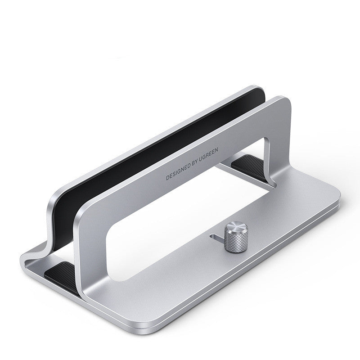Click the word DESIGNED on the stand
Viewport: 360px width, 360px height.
click(x=179, y=171)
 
